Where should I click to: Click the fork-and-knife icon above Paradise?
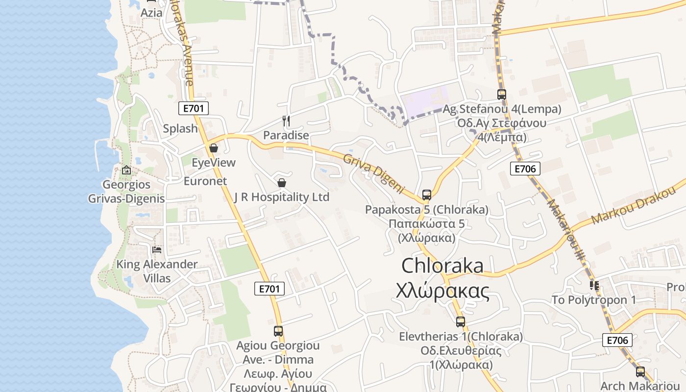(x=286, y=121)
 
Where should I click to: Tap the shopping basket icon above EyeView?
(x=214, y=148)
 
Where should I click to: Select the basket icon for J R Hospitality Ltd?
(x=282, y=183)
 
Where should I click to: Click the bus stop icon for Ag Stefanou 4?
(x=501, y=95)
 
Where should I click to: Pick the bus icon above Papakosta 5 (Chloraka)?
(x=427, y=195)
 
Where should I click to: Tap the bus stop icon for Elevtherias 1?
(x=461, y=322)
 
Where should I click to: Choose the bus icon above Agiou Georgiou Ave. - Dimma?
(x=278, y=331)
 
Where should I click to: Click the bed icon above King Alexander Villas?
(x=157, y=250)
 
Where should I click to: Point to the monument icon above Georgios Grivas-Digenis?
(x=126, y=171)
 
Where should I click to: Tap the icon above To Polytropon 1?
(x=594, y=285)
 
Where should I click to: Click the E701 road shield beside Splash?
(x=194, y=109)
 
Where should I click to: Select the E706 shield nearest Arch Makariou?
(x=617, y=341)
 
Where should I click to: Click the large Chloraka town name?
(x=442, y=266)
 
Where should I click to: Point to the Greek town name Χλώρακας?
(x=442, y=291)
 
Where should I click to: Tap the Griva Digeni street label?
(x=374, y=173)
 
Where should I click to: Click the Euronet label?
(x=205, y=181)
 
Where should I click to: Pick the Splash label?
(x=180, y=129)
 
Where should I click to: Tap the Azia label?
(x=151, y=13)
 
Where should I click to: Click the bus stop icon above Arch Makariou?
(x=640, y=372)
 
